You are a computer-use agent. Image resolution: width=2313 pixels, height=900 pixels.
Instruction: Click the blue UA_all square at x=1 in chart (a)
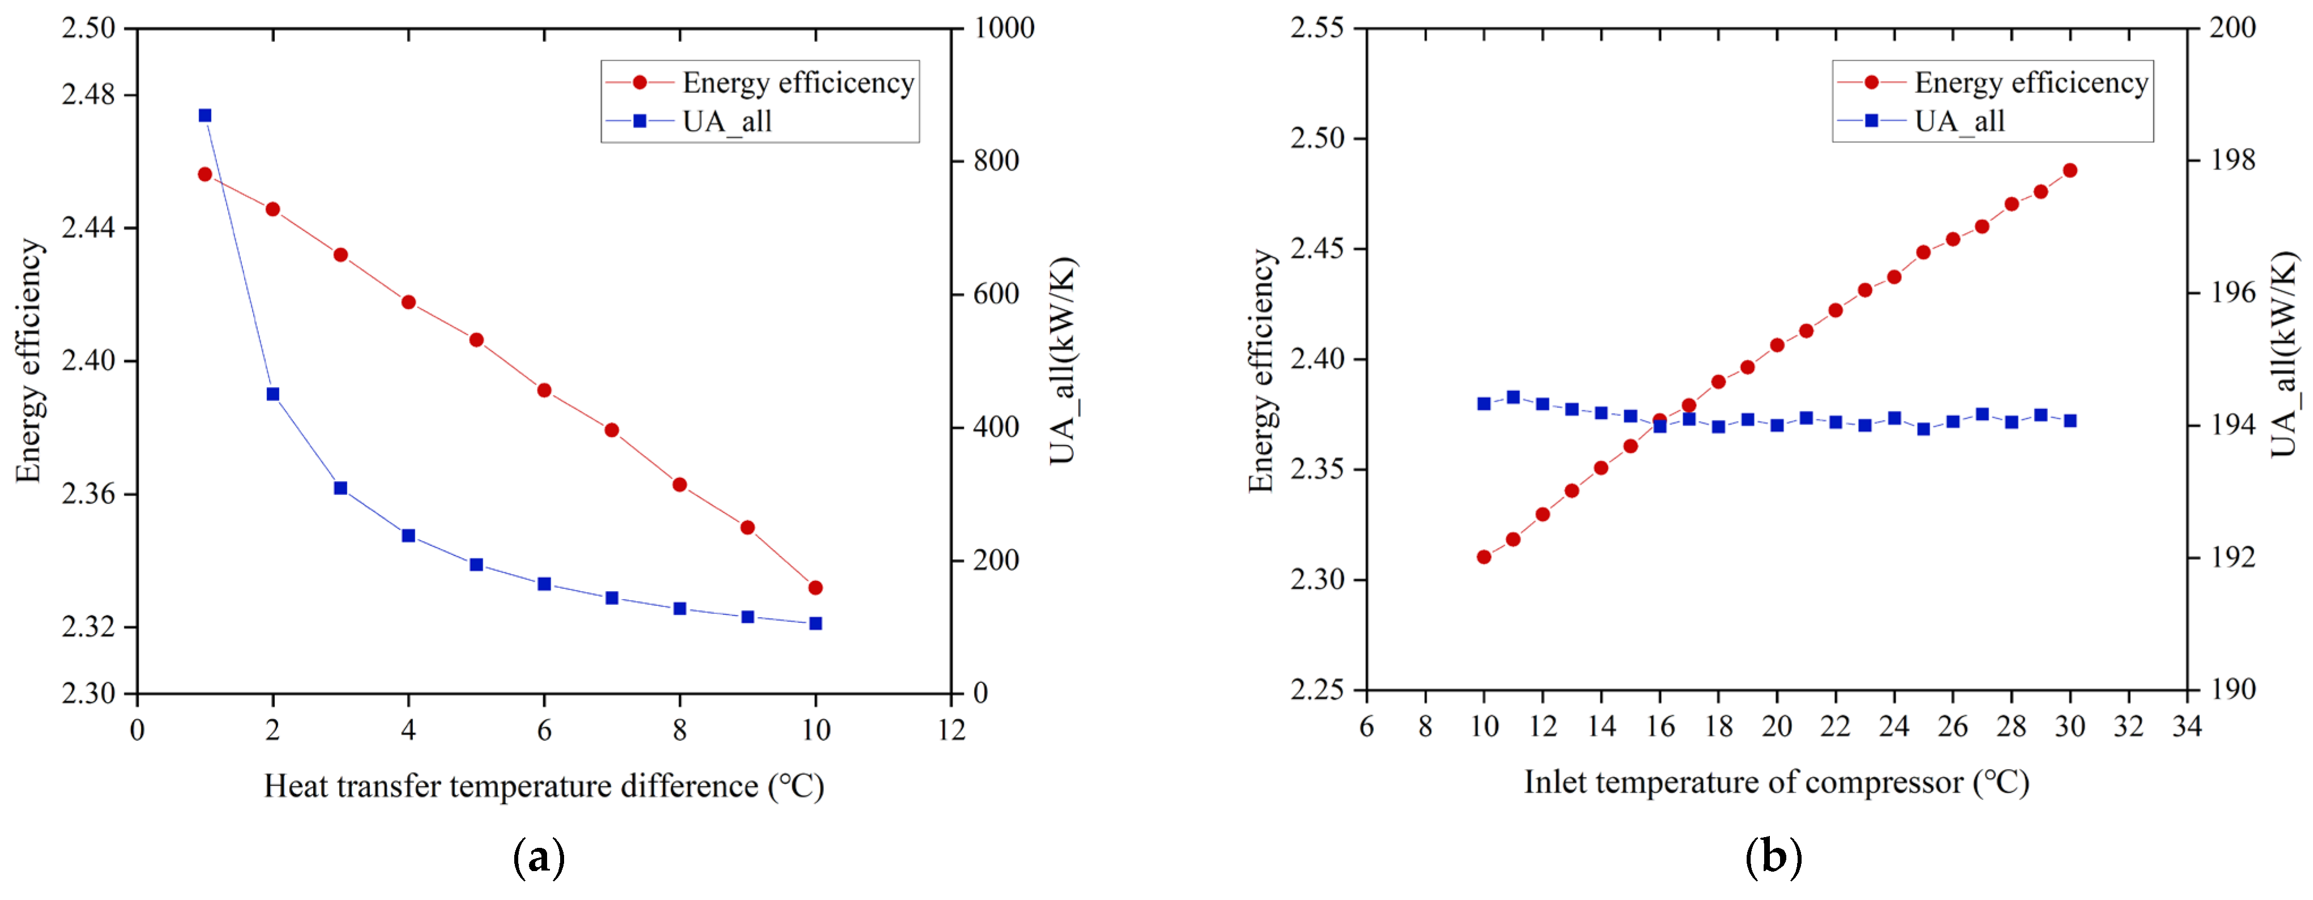(204, 115)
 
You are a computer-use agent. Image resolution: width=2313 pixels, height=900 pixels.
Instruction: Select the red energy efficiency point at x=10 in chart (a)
(816, 587)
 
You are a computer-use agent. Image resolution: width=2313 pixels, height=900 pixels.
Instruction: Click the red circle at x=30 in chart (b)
(2069, 171)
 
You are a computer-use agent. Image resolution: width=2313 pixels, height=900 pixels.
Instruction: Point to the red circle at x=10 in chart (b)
(1484, 557)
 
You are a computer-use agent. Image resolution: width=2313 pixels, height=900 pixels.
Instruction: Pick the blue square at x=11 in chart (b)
(1513, 397)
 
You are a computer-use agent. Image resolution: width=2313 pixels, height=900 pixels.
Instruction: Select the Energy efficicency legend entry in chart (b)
(2030, 83)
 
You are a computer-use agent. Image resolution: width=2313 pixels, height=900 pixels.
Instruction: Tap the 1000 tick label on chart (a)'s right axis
(1004, 28)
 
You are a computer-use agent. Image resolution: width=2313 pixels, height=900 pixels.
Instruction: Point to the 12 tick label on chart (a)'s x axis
(951, 729)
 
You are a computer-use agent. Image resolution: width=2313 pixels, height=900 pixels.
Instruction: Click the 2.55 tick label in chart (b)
(1317, 28)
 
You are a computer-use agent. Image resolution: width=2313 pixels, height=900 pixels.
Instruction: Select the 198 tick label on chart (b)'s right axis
(2232, 160)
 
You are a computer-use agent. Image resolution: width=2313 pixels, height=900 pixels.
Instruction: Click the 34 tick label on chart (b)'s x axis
(2186, 726)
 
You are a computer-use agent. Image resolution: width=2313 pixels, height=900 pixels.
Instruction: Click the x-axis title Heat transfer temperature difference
(543, 786)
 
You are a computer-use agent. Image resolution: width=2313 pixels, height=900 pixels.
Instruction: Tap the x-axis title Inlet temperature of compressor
(1776, 782)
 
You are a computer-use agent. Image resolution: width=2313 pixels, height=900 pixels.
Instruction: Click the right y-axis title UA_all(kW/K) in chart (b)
(2284, 355)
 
